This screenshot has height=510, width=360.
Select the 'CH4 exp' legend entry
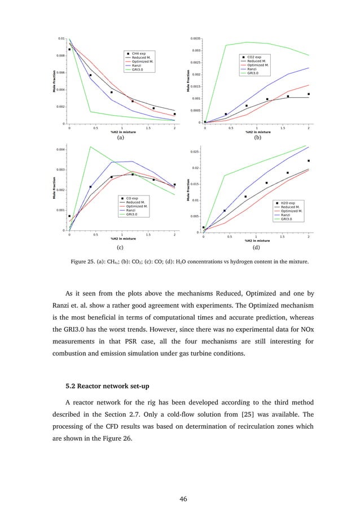tap(138, 53)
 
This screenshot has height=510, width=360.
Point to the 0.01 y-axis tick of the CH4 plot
tap(61, 38)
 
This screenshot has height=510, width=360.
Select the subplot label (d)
tap(257, 247)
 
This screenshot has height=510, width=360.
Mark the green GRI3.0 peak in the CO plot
tap(91, 147)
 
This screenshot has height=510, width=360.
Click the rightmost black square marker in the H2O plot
tap(309, 160)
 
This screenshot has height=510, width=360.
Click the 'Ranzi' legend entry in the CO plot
tap(131, 210)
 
